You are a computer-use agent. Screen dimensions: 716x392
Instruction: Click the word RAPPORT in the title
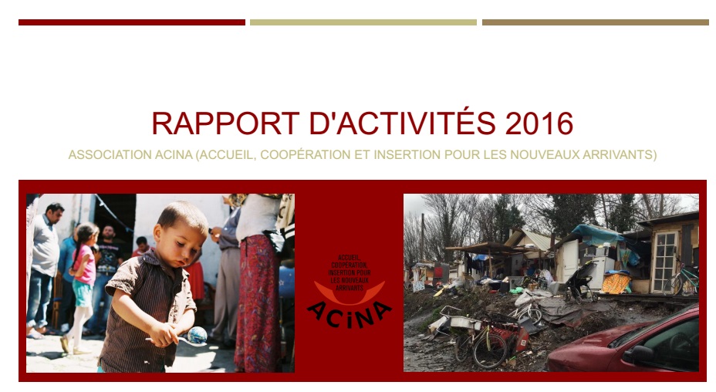[x=225, y=123]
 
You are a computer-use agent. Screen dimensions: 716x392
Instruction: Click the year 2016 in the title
[x=539, y=123]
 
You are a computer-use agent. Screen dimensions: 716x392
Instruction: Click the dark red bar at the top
[x=132, y=22]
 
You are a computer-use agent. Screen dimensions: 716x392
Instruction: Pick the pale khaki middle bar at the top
[x=363, y=22]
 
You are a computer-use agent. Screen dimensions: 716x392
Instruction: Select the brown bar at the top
[x=596, y=22]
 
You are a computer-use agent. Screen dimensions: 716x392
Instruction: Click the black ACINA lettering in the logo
[x=350, y=316]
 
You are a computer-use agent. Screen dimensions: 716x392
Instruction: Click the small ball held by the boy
[x=198, y=335]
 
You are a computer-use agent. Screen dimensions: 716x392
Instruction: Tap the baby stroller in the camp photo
[x=580, y=282]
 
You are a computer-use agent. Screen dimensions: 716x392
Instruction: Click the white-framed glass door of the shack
[x=664, y=262]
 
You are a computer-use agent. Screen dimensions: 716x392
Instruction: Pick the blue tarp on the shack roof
[x=599, y=235]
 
